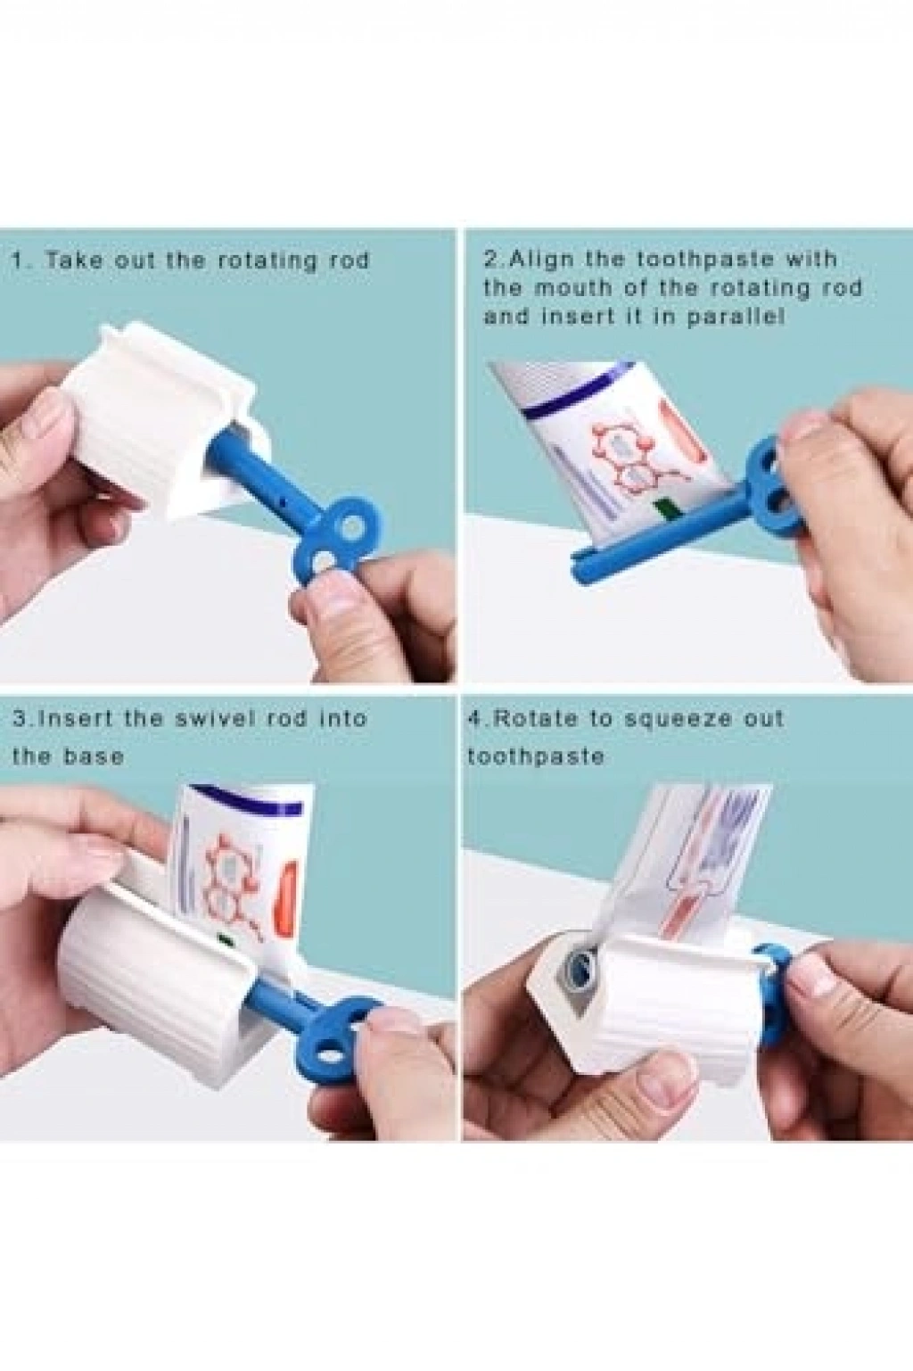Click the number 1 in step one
coord(18,260)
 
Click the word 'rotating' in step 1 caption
coord(267,260)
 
